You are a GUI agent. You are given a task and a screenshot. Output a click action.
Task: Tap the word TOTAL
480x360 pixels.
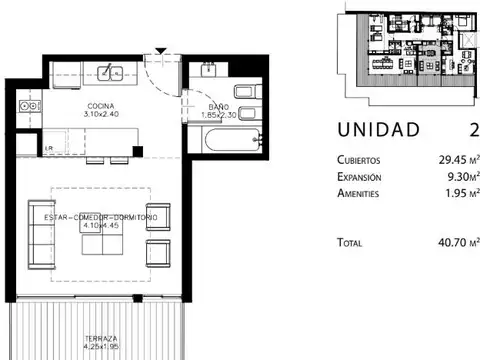(x=351, y=241)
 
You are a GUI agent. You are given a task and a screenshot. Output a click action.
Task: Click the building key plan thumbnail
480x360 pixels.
(x=407, y=48)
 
